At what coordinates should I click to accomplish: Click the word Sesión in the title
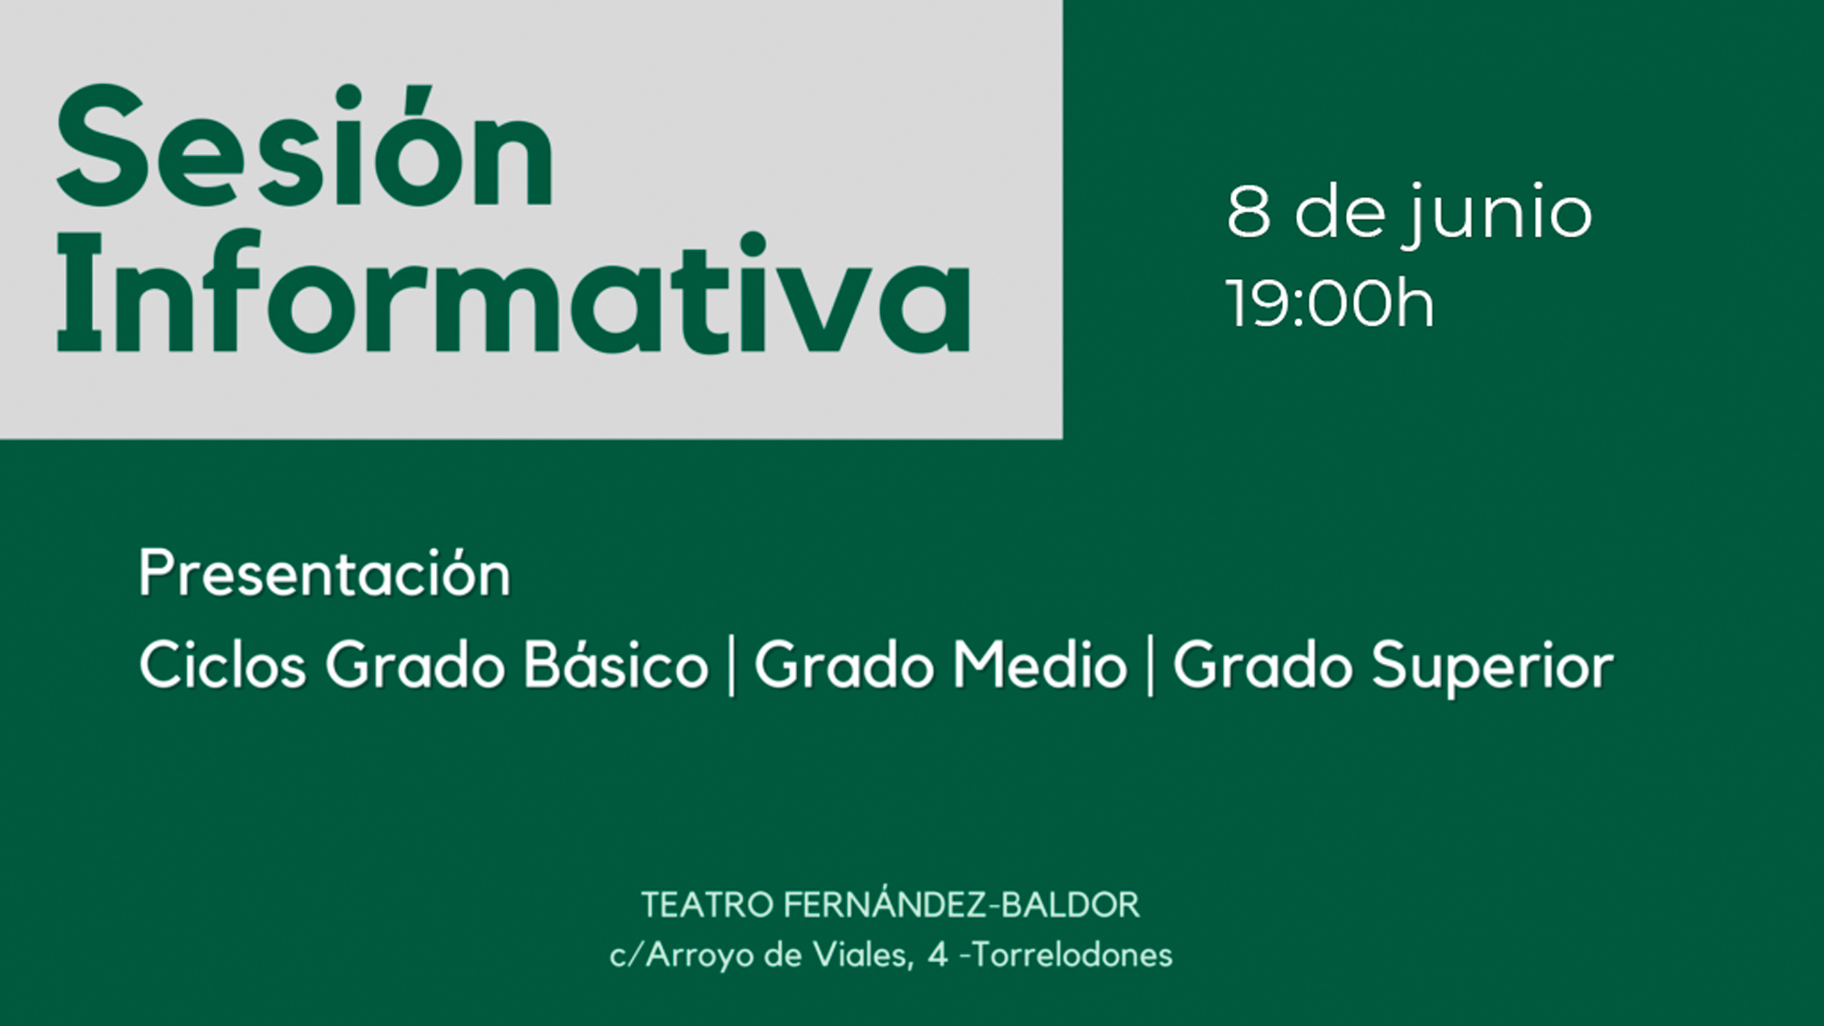(306, 148)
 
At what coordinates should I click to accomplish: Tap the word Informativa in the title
(513, 294)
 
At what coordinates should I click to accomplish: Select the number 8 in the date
(1249, 212)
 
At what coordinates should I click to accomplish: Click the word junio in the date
(1498, 213)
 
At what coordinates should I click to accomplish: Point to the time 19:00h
(1330, 304)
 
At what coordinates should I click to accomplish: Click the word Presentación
(325, 574)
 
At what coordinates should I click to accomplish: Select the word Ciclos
(223, 665)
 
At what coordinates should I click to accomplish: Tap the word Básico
(617, 665)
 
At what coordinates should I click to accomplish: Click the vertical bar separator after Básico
(731, 667)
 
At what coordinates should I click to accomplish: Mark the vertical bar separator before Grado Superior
(1150, 667)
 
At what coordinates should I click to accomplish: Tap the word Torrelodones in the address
(1073, 955)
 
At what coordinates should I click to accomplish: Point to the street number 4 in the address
(938, 955)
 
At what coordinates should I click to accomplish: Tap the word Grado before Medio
(844, 665)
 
